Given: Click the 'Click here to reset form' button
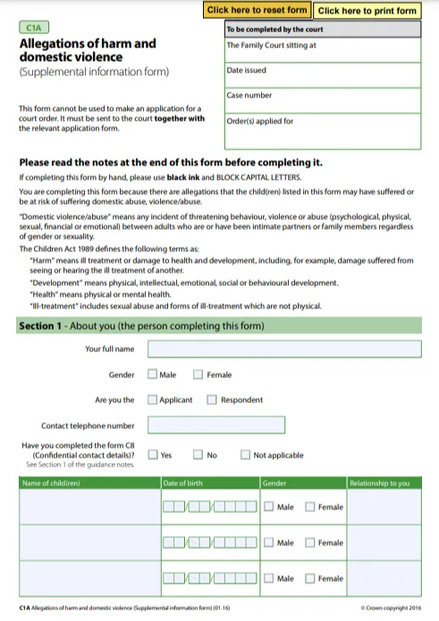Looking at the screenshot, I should [257, 11].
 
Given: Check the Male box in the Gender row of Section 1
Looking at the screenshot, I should [153, 375].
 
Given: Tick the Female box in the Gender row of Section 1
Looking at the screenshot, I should [198, 375].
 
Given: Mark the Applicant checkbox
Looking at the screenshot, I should [153, 400].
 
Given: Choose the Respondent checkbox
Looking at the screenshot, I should [212, 400].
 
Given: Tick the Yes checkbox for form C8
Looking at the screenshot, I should [153, 455].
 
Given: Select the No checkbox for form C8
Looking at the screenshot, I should [198, 455].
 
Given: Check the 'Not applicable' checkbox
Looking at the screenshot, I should [245, 455].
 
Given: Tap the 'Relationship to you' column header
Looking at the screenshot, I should [380, 483].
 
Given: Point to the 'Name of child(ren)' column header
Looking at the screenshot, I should [51, 483].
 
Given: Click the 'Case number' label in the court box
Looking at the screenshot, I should [247, 96].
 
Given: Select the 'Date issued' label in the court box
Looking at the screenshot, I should [246, 70].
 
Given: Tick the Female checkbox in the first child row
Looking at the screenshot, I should [309, 508].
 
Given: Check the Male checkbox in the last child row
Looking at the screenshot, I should [269, 578].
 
